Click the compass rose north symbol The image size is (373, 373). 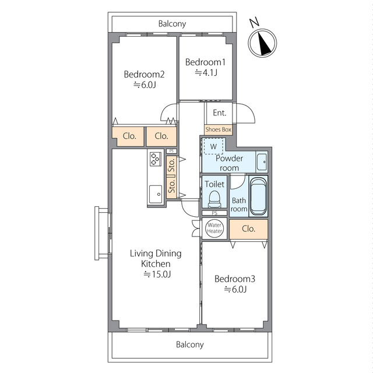262,43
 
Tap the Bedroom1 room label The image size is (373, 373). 205,62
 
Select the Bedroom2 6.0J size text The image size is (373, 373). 145,85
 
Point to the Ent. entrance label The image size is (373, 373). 219,112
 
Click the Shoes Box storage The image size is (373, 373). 218,129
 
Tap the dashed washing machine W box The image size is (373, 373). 213,146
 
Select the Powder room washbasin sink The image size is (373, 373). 262,162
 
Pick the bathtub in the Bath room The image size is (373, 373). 258,196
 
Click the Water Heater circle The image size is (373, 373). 214,228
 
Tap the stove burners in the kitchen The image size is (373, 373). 156,159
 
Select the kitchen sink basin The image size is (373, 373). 156,194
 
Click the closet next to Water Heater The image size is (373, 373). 249,229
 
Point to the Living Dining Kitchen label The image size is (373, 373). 156,259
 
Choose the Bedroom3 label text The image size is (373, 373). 235,279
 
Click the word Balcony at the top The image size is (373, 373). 172,24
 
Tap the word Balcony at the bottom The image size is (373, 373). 189,344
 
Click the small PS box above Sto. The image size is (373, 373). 171,151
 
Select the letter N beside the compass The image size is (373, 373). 254,23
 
